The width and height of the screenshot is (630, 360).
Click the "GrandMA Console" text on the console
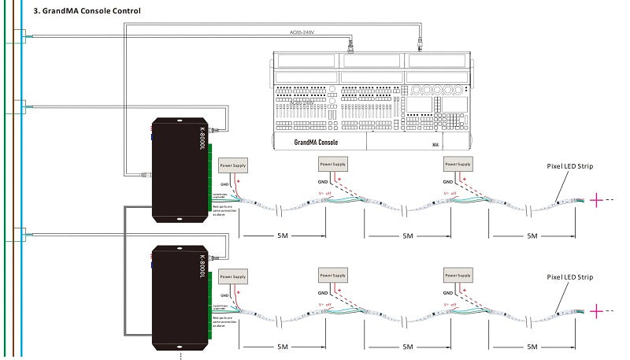tap(315, 143)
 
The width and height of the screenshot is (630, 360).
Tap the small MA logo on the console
tap(435, 144)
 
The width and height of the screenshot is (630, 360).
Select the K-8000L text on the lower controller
tap(202, 265)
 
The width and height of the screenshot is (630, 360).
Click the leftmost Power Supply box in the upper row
tap(232, 166)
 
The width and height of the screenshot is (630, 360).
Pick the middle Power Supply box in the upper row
tap(332, 164)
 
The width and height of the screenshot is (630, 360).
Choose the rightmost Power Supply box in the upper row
tap(458, 164)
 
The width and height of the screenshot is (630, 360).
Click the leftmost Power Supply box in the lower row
tap(232, 276)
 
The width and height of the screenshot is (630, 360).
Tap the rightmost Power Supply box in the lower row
tap(458, 275)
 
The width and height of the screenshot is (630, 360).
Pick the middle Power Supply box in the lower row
tap(332, 275)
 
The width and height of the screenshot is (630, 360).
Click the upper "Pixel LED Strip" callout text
tap(569, 166)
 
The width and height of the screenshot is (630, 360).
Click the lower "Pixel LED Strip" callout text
tap(569, 277)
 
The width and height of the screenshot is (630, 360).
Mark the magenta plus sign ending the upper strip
tap(596, 200)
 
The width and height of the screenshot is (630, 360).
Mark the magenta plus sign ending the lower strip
tap(596, 312)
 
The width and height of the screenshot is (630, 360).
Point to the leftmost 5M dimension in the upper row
tap(281, 236)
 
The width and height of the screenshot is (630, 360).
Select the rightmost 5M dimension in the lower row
tap(532, 347)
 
